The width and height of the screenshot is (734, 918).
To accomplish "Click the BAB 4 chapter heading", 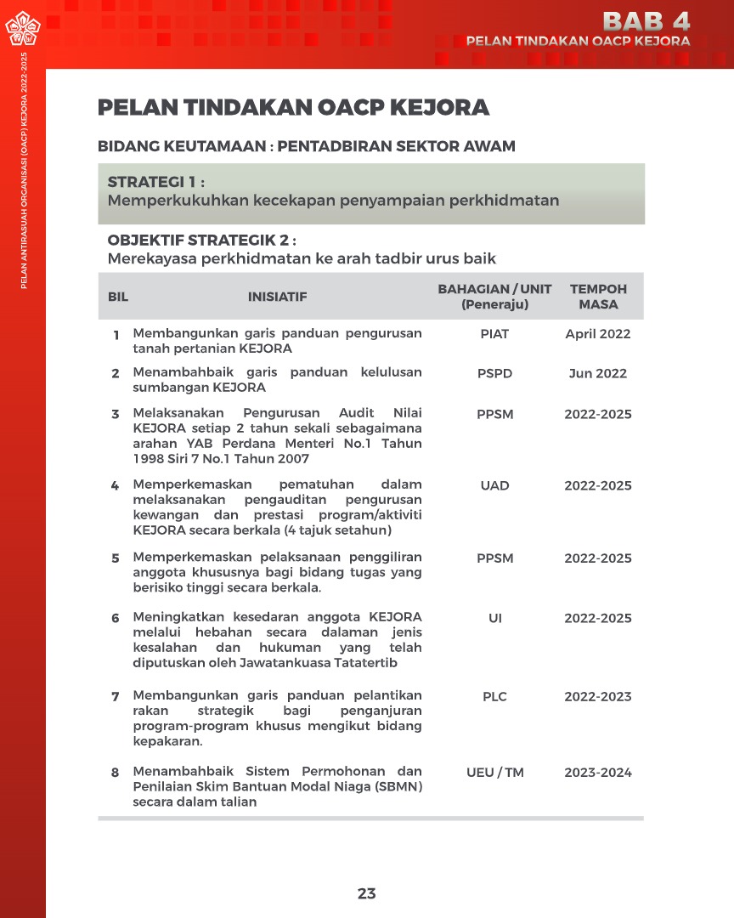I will coord(646,20).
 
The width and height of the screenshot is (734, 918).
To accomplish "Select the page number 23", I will coord(366,893).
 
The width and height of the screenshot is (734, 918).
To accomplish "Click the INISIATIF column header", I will coord(277,297).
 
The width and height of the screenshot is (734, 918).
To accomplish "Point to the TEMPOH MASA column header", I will coord(598,297).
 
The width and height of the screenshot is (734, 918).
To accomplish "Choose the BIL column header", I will coord(117,297).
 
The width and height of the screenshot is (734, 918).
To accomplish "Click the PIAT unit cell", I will coord(494,334).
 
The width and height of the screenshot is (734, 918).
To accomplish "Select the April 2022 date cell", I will coord(598,334).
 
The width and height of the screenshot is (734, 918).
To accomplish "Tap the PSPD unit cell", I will coord(494,373).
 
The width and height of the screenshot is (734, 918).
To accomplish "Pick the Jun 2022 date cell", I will coord(598,373).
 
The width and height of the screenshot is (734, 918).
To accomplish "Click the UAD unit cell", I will coord(494,485).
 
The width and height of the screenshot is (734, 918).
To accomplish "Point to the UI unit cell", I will coord(494,618).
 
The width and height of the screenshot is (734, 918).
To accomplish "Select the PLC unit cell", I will coord(494,696).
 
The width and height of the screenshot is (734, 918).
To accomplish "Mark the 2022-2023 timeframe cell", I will coord(598,696).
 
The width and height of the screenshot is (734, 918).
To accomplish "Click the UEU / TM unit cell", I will coord(494,773).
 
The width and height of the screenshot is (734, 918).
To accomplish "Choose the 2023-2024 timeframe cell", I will coord(598,773).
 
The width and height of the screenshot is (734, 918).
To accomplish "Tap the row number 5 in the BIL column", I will coord(116,558).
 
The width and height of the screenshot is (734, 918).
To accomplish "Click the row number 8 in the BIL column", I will coord(116,773).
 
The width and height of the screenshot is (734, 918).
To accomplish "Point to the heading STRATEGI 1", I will coord(156,182).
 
